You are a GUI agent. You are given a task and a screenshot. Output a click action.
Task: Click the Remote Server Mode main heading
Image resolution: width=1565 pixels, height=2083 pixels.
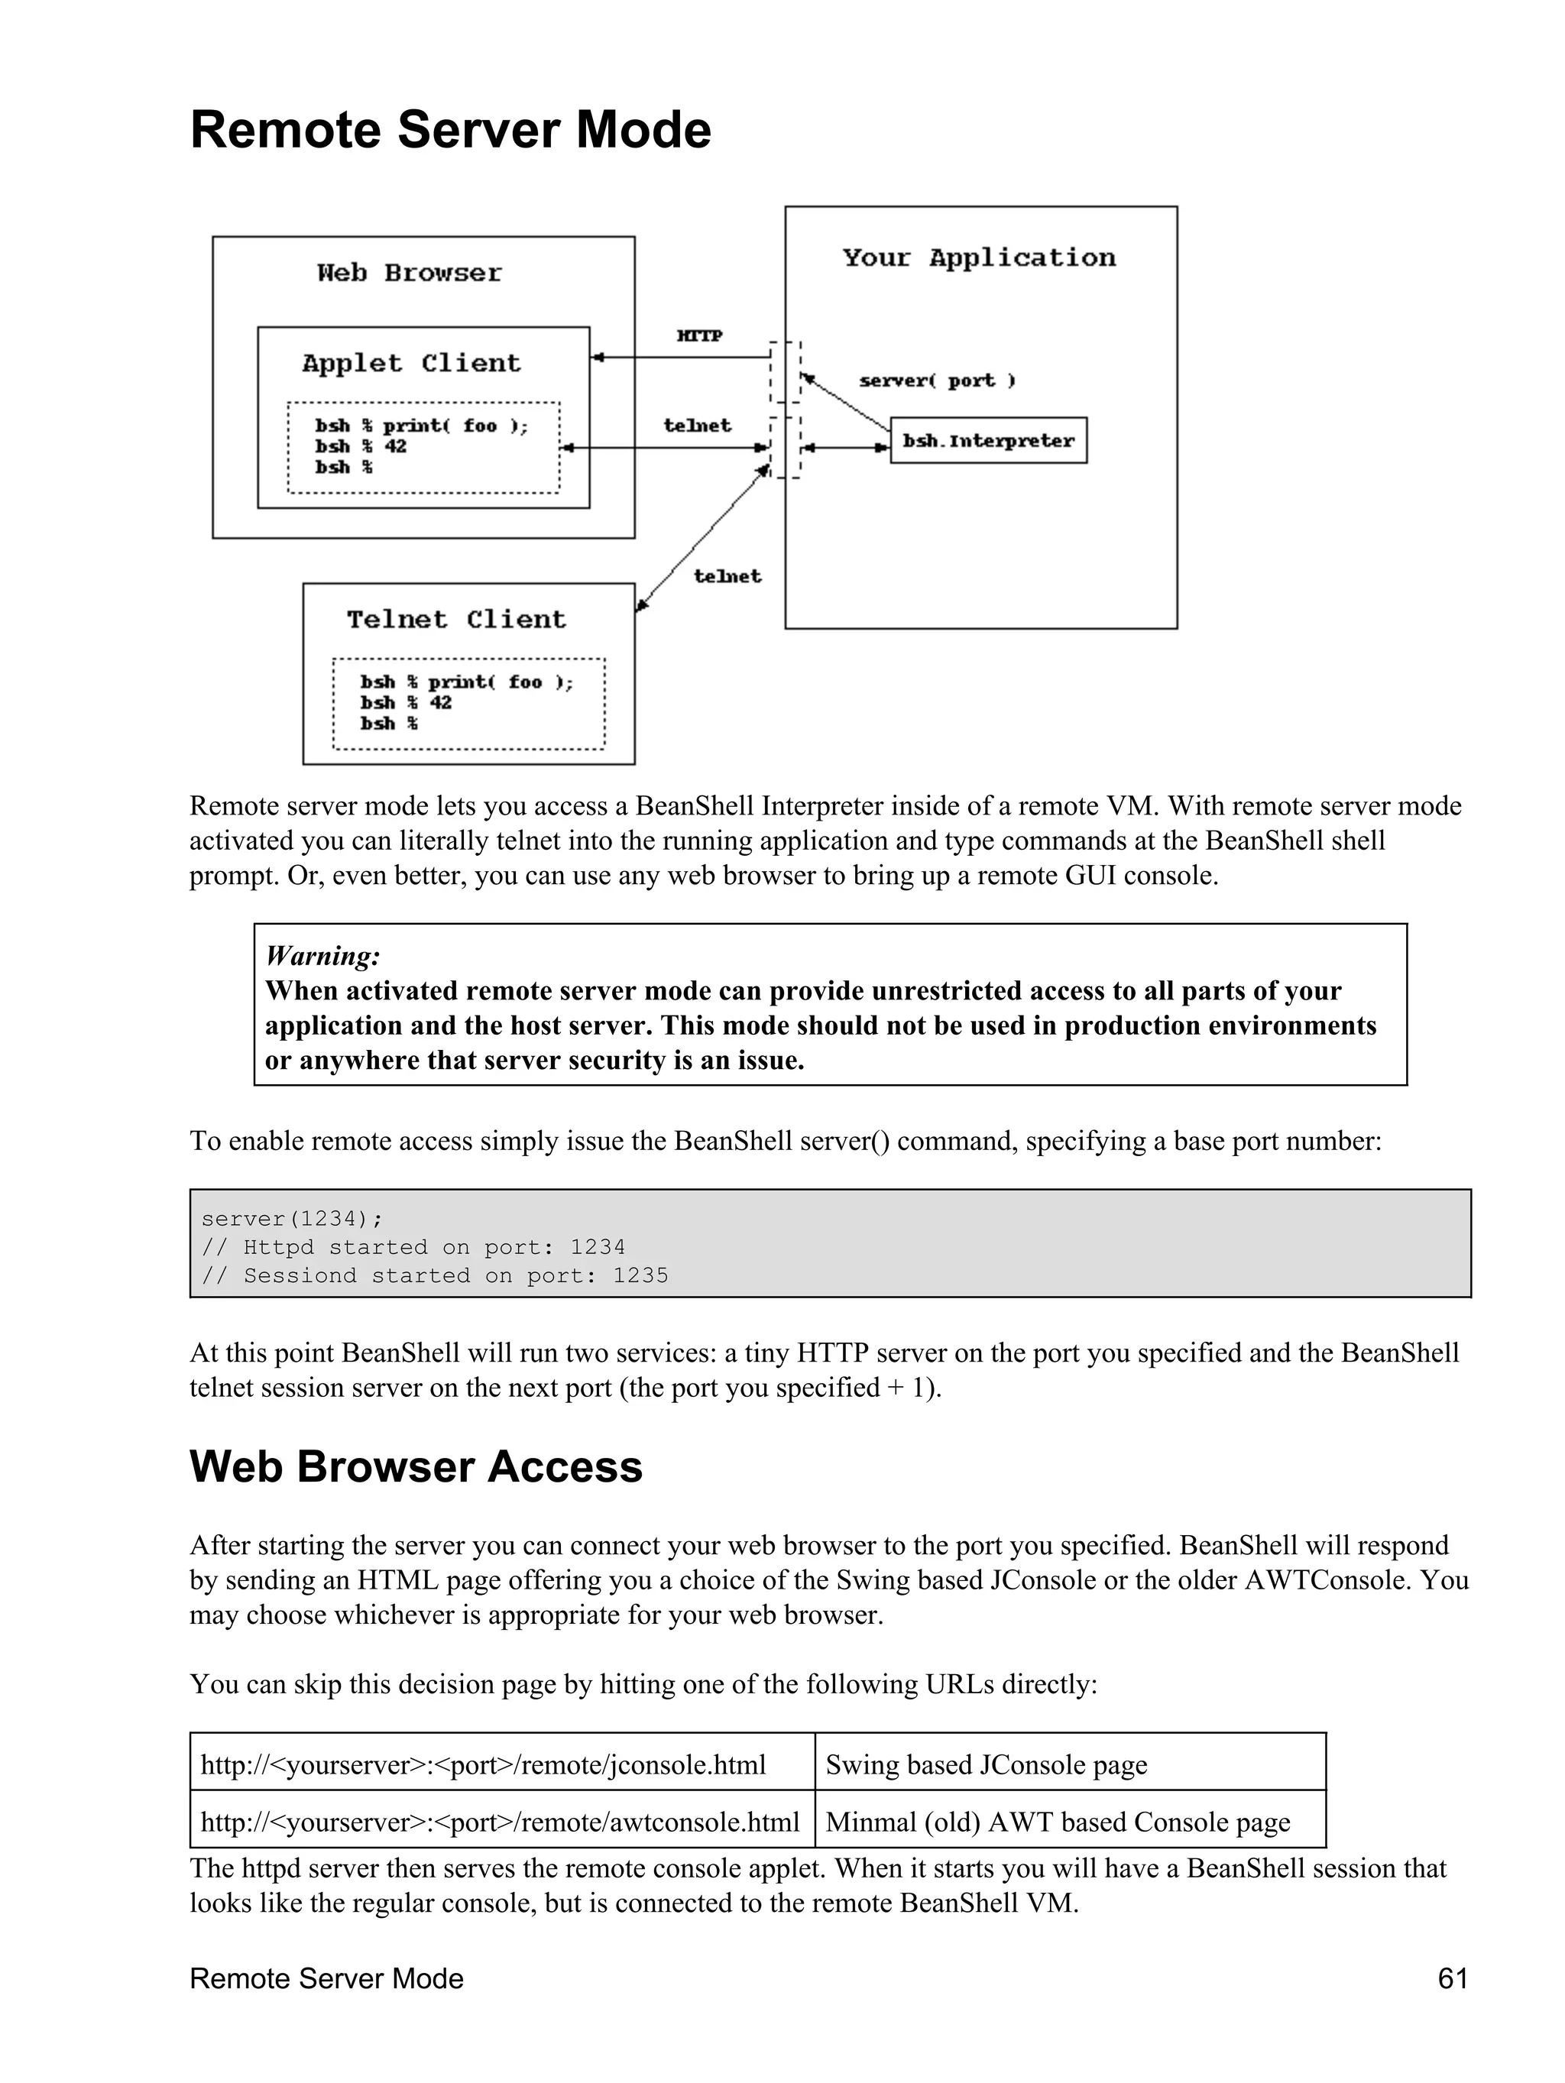(450, 130)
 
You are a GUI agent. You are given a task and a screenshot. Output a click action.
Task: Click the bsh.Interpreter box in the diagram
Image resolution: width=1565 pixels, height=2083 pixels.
(988, 441)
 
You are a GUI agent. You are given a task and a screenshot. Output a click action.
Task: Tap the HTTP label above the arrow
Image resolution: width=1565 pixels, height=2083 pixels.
(698, 335)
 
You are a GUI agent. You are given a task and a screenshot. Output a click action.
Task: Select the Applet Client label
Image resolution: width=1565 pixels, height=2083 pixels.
(410, 364)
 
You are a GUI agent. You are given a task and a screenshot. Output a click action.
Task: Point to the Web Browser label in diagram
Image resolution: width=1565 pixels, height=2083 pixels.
(410, 273)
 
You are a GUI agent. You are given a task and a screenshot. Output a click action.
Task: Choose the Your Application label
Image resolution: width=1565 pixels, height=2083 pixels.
(978, 258)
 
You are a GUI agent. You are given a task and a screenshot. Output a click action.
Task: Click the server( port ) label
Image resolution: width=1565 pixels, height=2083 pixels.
(937, 381)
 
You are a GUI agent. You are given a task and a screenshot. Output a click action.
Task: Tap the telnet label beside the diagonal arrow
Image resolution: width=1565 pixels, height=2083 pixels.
(727, 576)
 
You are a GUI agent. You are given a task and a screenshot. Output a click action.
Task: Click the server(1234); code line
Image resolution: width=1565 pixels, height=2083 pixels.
(292, 1219)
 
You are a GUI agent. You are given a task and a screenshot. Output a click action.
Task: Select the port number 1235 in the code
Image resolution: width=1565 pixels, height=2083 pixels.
(640, 1275)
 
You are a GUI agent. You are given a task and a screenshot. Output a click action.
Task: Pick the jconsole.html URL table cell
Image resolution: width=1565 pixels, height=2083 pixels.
(483, 1764)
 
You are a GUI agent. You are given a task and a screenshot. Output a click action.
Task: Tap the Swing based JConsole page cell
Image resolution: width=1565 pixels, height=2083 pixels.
(986, 1764)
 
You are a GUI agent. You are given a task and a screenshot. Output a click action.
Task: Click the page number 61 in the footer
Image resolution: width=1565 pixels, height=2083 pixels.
(1452, 1978)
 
